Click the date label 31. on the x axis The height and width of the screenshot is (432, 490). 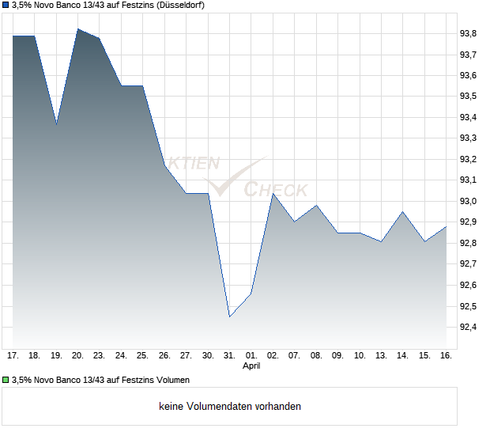[x=230, y=356]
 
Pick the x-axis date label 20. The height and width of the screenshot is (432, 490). [x=78, y=356]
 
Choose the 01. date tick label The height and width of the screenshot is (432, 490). [x=251, y=356]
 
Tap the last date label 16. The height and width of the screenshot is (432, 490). [x=446, y=356]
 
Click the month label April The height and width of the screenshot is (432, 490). [x=251, y=366]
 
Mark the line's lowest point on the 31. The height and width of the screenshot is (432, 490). [x=230, y=316]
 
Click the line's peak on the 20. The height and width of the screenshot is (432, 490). [x=78, y=29]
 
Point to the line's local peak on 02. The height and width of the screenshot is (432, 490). [x=273, y=194]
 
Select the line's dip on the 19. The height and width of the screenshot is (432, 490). [x=56, y=124]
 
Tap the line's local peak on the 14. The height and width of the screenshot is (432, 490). [x=403, y=212]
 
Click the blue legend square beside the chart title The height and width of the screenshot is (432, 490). [x=6, y=5]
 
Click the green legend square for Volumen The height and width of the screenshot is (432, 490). [x=6, y=380]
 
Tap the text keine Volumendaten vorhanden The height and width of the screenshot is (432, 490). [x=230, y=407]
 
